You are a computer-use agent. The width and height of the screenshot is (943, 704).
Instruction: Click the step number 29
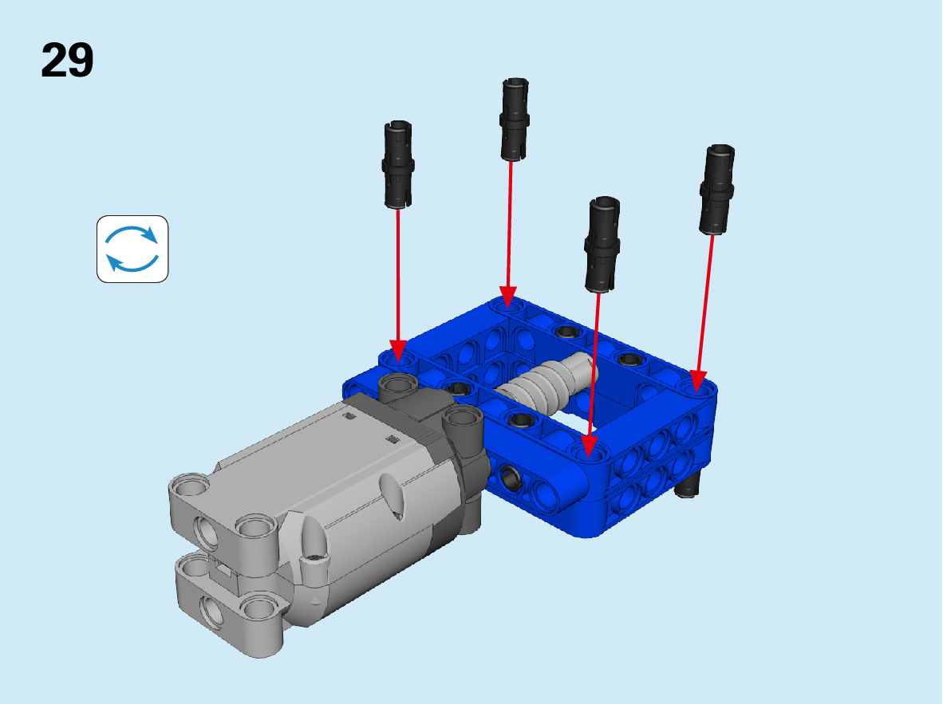(67, 60)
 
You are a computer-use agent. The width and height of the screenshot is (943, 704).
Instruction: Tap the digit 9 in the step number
(81, 60)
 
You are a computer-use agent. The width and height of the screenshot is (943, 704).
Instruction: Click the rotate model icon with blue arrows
(132, 249)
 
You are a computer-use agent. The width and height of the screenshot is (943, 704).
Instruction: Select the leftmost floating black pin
(397, 165)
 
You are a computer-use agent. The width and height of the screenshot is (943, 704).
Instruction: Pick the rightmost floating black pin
(716, 190)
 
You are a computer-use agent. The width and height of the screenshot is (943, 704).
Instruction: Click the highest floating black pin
(515, 119)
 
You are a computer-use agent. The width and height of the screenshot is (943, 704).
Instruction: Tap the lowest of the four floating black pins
(602, 244)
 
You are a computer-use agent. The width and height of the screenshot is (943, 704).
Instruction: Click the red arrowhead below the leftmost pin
(398, 351)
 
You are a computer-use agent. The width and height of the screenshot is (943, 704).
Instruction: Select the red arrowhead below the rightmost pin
(697, 382)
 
